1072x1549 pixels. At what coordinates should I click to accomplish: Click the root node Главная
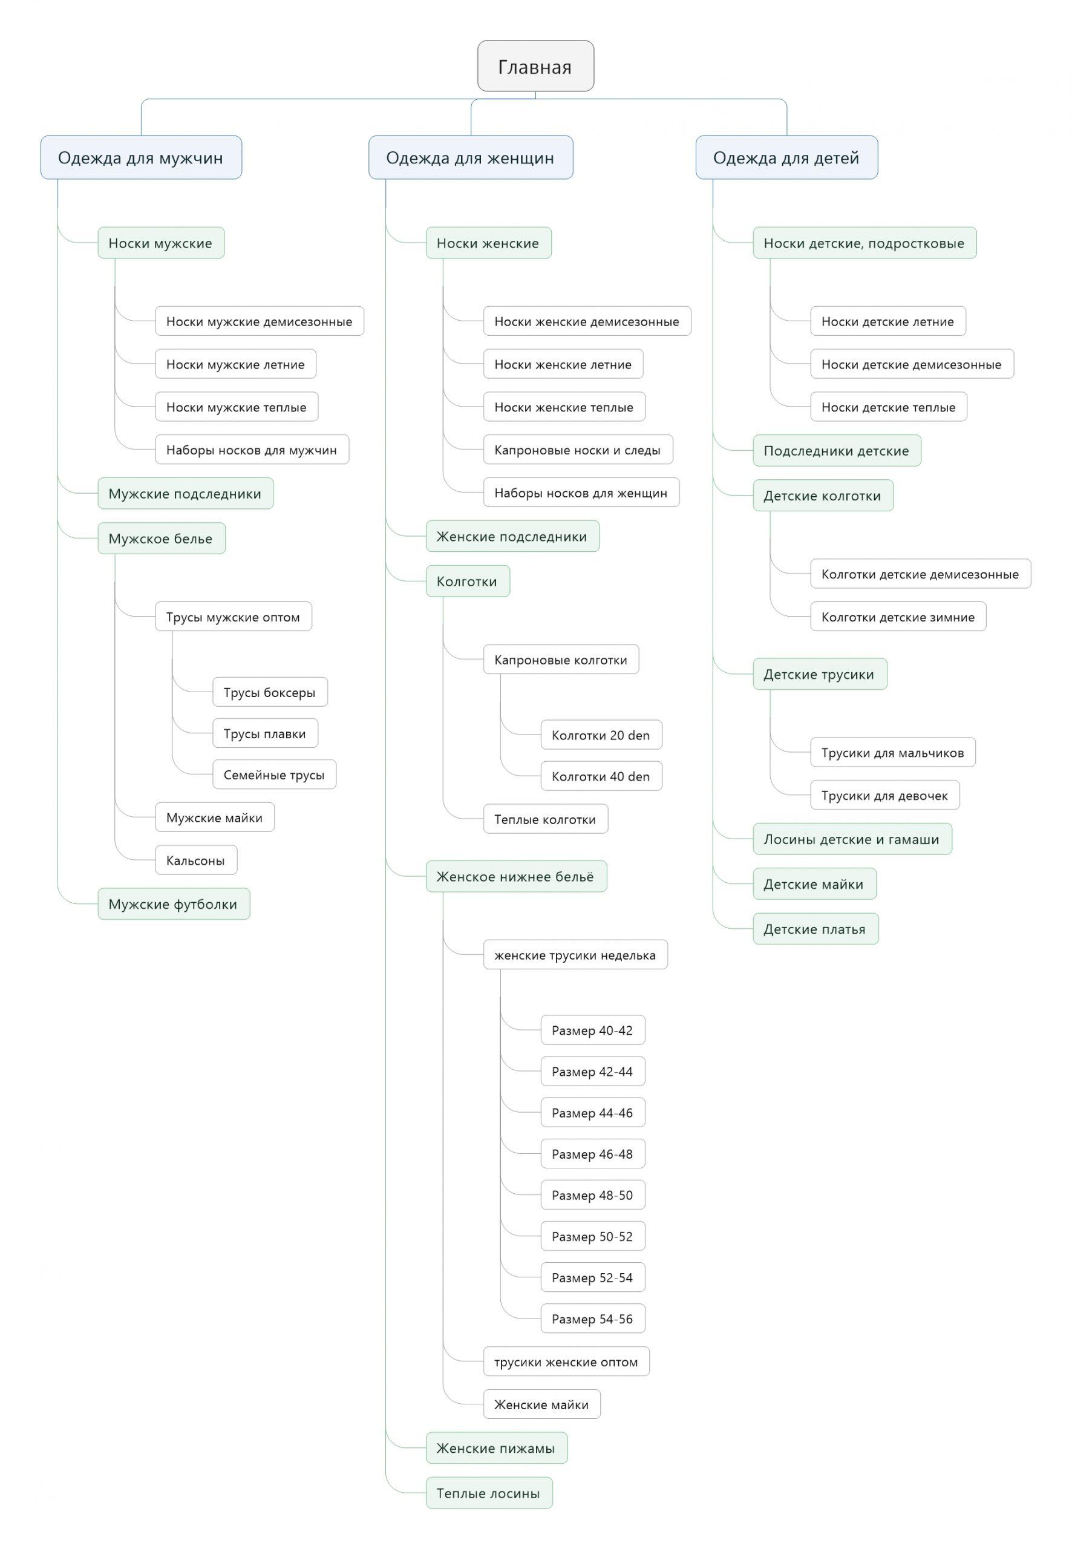click(x=535, y=66)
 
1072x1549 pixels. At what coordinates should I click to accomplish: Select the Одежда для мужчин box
click(x=141, y=157)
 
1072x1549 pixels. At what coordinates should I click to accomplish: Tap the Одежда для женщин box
click(x=470, y=157)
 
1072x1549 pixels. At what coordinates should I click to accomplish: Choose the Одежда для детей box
click(x=786, y=157)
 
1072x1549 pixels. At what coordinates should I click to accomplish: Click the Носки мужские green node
click(x=160, y=243)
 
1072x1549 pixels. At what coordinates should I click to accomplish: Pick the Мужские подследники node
click(x=185, y=494)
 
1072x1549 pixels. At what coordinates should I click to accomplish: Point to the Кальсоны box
click(x=196, y=860)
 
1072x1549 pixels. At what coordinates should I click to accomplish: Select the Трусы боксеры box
click(x=270, y=692)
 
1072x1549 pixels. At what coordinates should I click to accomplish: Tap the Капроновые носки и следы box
click(x=578, y=450)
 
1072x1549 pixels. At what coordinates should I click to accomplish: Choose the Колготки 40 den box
click(x=601, y=776)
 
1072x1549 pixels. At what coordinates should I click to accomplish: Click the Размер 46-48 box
click(x=592, y=1153)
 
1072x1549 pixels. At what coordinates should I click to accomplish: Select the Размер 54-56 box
click(x=592, y=1318)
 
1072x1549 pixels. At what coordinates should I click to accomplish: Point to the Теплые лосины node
click(x=489, y=1493)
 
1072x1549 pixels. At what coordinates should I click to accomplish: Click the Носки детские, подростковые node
click(x=864, y=243)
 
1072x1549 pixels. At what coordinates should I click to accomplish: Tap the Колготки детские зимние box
click(x=898, y=617)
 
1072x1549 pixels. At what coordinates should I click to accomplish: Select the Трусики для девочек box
click(x=884, y=795)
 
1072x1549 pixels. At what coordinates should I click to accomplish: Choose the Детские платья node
click(x=815, y=929)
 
